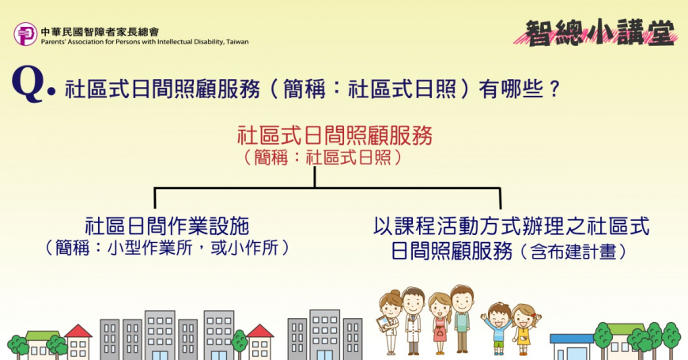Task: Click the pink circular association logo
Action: [25, 34]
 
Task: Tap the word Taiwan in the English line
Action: [237, 42]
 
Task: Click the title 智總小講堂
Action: [599, 32]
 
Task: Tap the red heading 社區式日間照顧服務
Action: [335, 135]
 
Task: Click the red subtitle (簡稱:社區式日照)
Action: [323, 157]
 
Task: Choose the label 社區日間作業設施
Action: [167, 226]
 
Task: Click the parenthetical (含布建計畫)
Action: [574, 252]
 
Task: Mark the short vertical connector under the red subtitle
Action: [315, 177]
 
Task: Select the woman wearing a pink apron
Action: [440, 323]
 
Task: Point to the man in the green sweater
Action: [462, 319]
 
